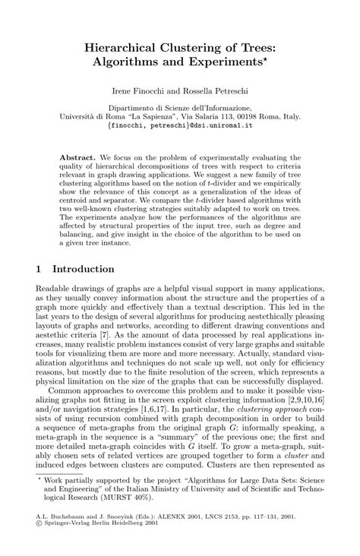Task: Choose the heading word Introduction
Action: [84, 269]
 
